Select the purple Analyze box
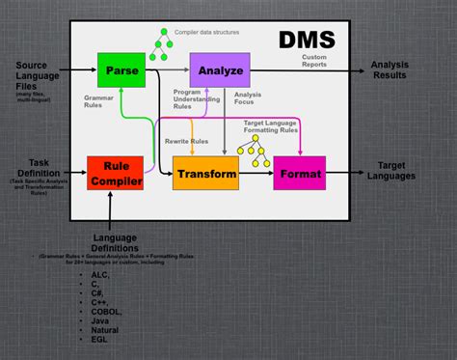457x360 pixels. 221,69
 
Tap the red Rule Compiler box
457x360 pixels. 115,172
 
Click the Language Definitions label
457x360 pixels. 114,243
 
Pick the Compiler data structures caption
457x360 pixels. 208,32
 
